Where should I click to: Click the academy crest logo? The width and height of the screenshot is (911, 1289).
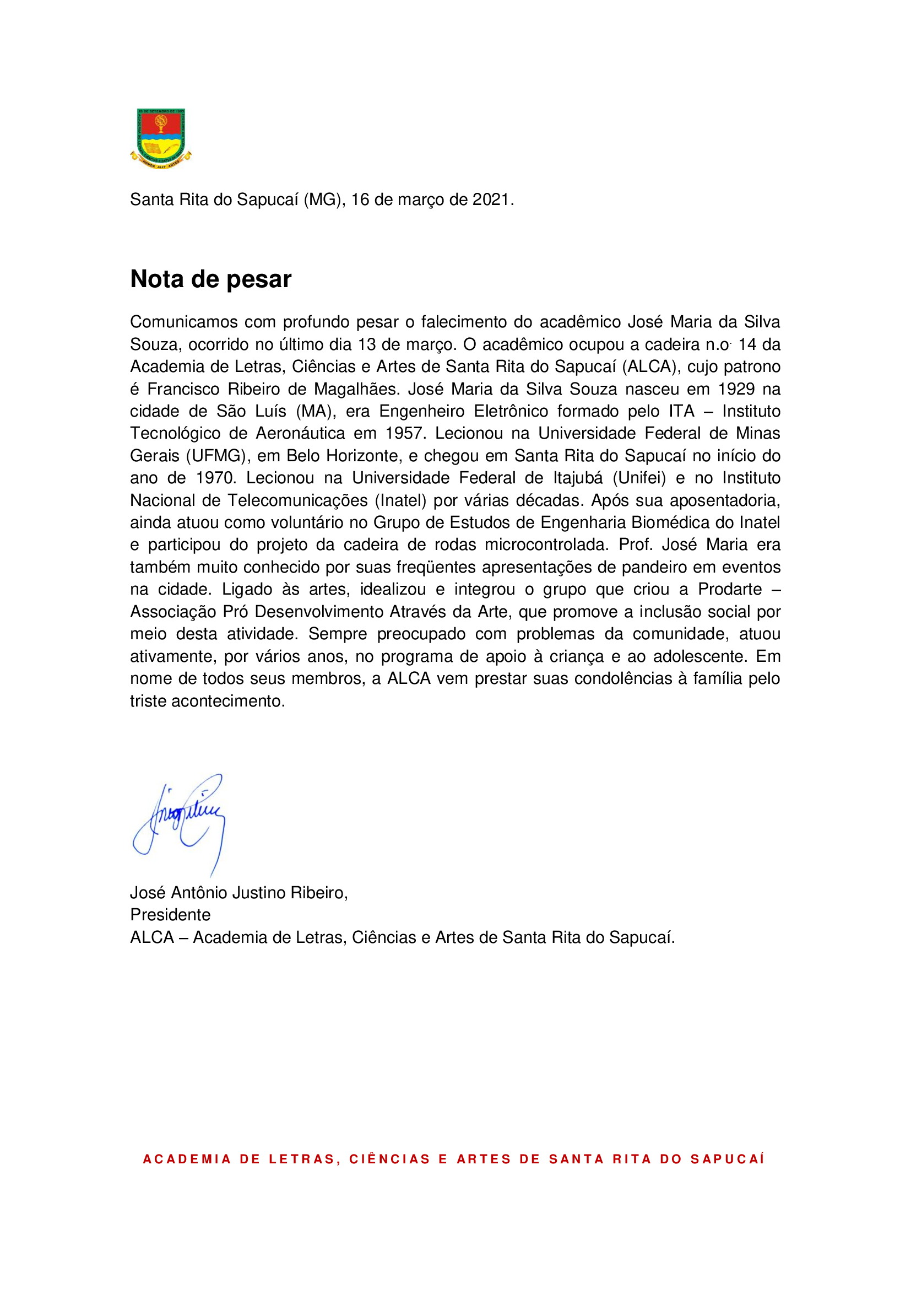point(160,138)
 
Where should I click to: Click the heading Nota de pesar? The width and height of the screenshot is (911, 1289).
point(210,279)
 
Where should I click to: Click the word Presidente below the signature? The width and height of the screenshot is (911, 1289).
point(170,915)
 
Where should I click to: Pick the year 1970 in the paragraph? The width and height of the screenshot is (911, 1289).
point(215,478)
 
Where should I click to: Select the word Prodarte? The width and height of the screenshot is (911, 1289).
point(730,589)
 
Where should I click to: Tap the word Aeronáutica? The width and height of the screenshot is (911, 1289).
point(300,433)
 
